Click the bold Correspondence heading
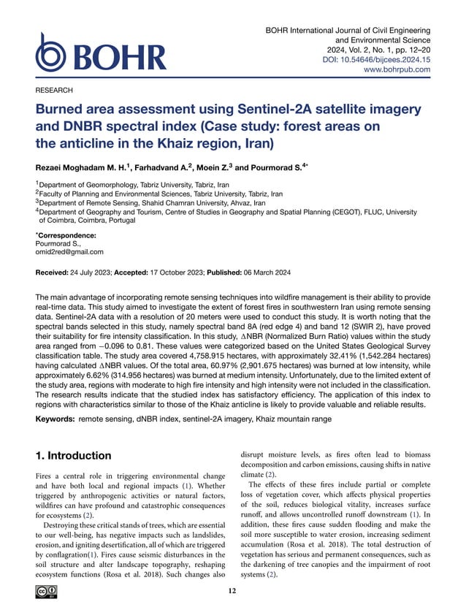coord(66,235)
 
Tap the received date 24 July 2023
coord(109,272)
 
